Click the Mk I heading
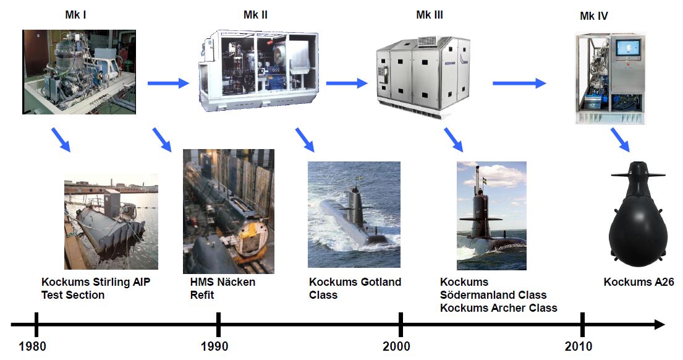coord(75,14)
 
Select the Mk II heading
coord(255,14)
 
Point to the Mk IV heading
coord(593,16)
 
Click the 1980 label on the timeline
coord(32,346)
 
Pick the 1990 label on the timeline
coord(214,346)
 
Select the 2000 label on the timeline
coord(396,346)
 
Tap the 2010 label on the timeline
coord(579,346)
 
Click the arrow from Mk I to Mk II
coord(168,83)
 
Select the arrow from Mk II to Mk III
coord(346,83)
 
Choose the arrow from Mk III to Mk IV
coord(519,83)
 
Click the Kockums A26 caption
coord(638,282)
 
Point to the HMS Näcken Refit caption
coord(223,288)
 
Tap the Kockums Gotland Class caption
coord(355,288)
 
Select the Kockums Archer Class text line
coord(498,307)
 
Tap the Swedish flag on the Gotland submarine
coord(361,179)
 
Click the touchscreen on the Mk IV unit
coord(628,49)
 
